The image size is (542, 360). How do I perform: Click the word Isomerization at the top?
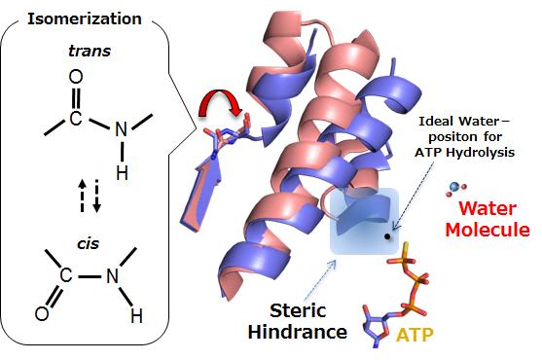pos(85,18)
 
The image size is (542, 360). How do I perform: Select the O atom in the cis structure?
pos(42,313)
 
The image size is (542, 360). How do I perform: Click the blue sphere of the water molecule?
pos(453,185)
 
